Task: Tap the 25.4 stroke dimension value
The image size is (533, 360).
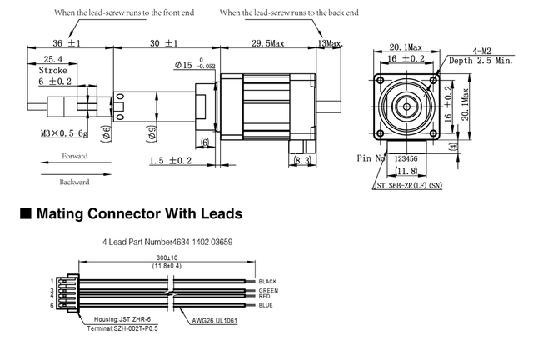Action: point(54,59)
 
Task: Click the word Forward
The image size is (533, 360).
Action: point(73,155)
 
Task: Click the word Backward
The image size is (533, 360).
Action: point(73,182)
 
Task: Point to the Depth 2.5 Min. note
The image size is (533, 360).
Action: point(481,61)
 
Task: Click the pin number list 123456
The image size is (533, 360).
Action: point(405,157)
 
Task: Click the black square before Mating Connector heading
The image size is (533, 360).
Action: point(25,214)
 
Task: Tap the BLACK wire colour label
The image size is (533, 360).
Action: point(267,282)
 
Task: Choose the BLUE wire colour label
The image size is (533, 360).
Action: point(265,306)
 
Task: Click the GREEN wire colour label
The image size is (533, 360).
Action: point(267,290)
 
